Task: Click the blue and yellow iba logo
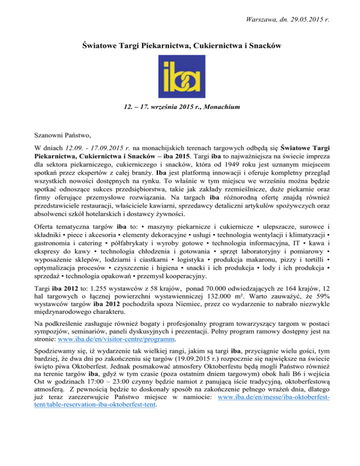180,80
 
